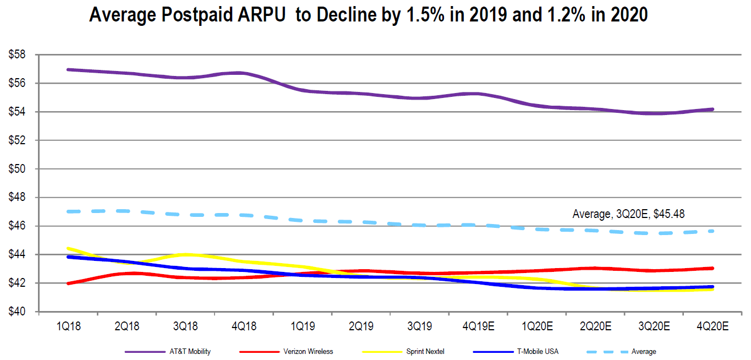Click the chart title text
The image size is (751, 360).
(368, 15)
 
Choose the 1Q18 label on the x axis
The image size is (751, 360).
(68, 326)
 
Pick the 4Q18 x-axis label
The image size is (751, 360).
(244, 326)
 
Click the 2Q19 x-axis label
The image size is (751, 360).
(360, 326)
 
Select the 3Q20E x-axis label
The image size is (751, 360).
(655, 326)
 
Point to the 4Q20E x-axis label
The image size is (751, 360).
(713, 326)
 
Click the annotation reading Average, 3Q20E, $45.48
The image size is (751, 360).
(628, 214)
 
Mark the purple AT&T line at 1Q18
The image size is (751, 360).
(68, 69)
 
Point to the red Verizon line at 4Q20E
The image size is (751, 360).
(713, 268)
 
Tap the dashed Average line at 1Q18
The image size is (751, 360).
(68, 211)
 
